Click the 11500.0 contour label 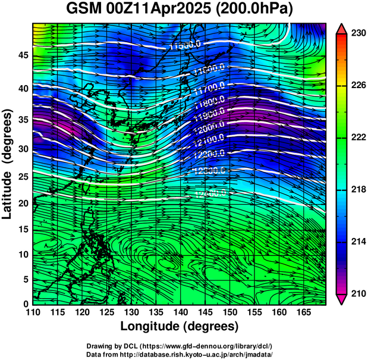coord(185,45)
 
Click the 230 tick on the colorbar coord(357,34)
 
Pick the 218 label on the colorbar coord(357,189)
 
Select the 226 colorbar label coord(357,86)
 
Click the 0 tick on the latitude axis coord(25,304)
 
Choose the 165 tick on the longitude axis coord(303,312)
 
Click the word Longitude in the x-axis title coord(151,326)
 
